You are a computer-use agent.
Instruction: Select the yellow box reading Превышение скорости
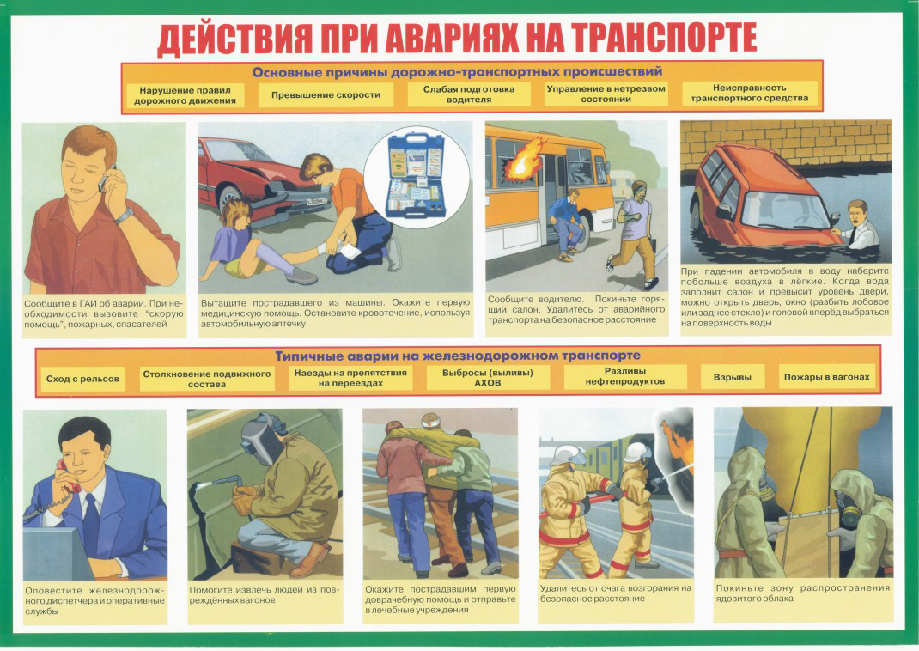(326, 95)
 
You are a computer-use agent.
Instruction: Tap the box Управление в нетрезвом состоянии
(606, 94)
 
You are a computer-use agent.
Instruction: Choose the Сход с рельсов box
(82, 379)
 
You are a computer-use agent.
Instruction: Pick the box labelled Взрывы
(733, 377)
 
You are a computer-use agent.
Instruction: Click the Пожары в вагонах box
(826, 377)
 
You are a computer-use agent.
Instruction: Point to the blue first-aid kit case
(417, 176)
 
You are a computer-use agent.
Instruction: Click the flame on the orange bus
(519, 160)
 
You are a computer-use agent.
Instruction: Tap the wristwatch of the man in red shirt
(125, 216)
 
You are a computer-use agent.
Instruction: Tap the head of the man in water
(857, 213)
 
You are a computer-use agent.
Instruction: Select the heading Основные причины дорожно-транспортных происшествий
(457, 72)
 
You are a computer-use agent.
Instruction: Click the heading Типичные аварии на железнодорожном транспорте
(458, 356)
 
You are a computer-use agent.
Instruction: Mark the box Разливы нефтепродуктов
(624, 376)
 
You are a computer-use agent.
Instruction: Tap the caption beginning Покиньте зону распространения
(802, 593)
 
